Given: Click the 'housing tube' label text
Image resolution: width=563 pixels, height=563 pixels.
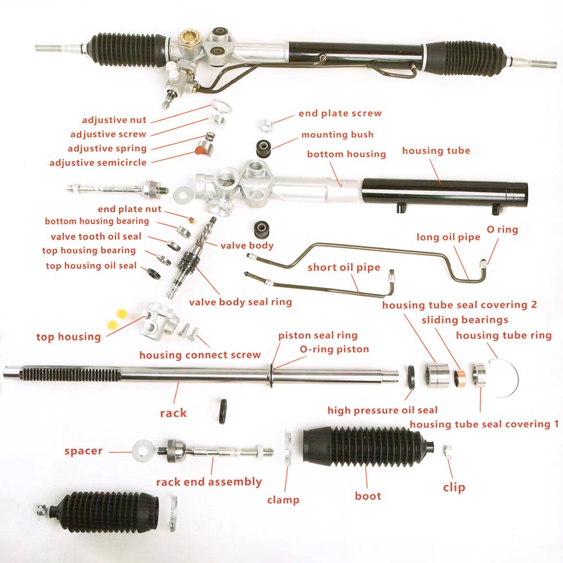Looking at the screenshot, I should click(x=436, y=151).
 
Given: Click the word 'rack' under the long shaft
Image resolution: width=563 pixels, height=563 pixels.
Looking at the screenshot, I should click(x=173, y=413).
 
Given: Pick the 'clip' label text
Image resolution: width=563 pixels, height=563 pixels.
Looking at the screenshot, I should click(x=454, y=488).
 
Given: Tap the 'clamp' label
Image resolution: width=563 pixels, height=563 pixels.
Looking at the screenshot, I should click(x=283, y=499).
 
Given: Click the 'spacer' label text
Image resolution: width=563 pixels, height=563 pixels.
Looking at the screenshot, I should click(x=83, y=451).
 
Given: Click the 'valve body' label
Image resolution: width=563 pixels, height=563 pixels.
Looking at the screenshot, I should click(x=247, y=245).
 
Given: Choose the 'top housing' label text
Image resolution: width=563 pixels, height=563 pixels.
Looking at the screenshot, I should click(x=69, y=337).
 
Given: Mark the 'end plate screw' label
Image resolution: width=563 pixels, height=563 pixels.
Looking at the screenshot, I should click(x=340, y=113).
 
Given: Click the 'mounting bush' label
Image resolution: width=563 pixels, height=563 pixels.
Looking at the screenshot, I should click(x=337, y=135).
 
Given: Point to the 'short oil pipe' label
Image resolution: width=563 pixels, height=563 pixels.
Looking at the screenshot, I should click(x=343, y=267).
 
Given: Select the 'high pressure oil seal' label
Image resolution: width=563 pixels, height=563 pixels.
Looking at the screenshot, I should click(x=382, y=410).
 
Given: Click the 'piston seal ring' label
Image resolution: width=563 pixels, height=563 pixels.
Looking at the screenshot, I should click(x=318, y=335).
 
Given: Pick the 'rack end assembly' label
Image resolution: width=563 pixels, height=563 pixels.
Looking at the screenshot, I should click(x=209, y=482).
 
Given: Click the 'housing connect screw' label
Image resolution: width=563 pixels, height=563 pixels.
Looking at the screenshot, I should click(x=200, y=355).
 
